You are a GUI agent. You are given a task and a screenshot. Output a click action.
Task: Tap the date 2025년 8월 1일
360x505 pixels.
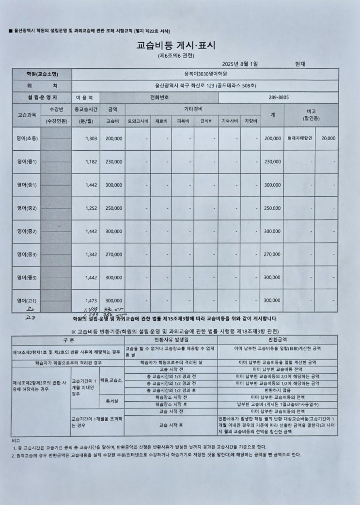click(x=240, y=64)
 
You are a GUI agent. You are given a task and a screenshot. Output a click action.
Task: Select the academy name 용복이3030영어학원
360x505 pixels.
click(x=205, y=74)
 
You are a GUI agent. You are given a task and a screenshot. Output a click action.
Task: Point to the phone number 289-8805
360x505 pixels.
click(x=279, y=97)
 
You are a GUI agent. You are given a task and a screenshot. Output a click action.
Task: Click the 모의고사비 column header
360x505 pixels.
click(x=138, y=121)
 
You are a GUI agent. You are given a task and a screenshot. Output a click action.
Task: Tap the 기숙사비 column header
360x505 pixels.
click(x=229, y=121)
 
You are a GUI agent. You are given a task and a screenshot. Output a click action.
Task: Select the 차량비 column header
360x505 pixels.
click(x=250, y=121)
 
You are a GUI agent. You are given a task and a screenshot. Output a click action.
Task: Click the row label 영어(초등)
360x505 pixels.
click(x=27, y=139)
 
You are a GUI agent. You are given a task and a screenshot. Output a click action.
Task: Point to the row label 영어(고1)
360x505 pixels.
click(x=27, y=300)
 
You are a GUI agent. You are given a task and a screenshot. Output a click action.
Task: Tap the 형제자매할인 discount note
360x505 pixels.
click(x=299, y=139)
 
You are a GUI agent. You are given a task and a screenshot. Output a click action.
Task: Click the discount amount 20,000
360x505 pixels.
click(x=328, y=139)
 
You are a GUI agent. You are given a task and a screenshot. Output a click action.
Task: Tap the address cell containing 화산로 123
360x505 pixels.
click(x=205, y=86)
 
